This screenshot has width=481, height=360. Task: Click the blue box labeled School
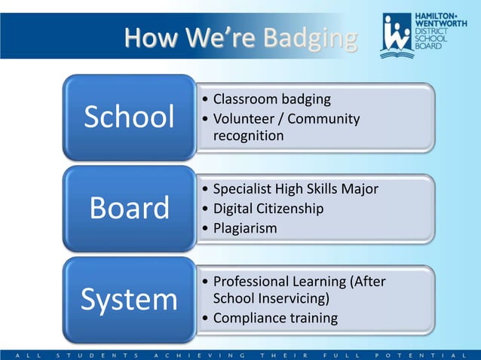129,117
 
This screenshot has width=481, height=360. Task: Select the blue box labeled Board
129,209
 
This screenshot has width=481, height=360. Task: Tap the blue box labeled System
129,300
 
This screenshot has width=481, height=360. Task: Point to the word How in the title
149,37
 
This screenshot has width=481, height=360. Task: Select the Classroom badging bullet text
272,99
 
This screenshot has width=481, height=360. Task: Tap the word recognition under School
249,136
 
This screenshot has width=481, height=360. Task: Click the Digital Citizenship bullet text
268,209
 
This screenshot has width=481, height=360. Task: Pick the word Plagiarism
245,227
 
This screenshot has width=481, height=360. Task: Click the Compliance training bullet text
275,318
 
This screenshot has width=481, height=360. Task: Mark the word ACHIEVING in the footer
199,353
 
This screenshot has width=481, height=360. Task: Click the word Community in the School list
323,119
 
